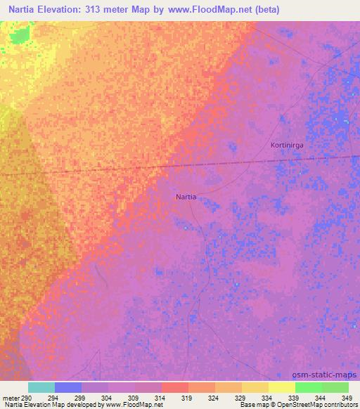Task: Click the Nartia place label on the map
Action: coord(186,197)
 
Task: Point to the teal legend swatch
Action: coord(41,387)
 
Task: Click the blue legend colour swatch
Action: coord(68,387)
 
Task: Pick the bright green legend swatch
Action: coord(309,387)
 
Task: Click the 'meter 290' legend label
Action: coord(15,398)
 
